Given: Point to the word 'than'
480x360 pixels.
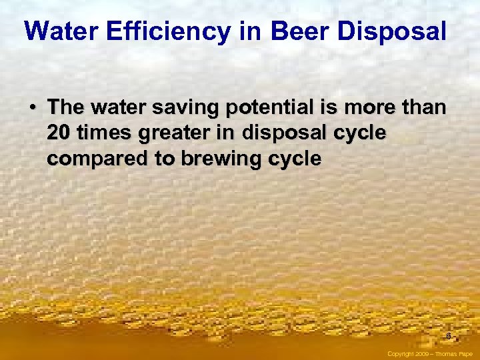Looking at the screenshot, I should click(423, 107).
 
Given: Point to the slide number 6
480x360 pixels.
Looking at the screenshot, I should click(449, 336).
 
